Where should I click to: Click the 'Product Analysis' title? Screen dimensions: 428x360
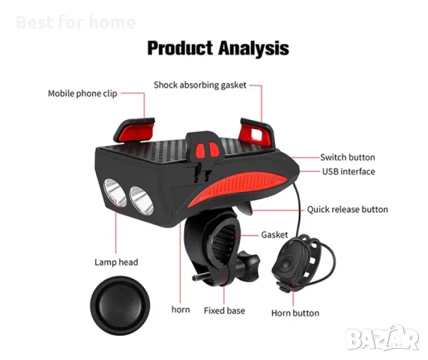pyautogui.click(x=218, y=48)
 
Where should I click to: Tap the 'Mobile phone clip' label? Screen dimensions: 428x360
pyautogui.click(x=82, y=94)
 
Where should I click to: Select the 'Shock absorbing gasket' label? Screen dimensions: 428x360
pyautogui.click(x=200, y=85)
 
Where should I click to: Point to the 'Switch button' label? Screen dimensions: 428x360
pyautogui.click(x=348, y=157)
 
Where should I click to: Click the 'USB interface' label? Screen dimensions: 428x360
pyautogui.click(x=349, y=172)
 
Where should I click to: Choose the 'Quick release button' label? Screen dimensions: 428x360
pyautogui.click(x=348, y=209)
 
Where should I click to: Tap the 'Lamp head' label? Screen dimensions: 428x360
pyautogui.click(x=116, y=262)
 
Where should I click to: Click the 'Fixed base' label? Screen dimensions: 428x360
pyautogui.click(x=224, y=310)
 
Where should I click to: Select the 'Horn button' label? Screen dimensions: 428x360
pyautogui.click(x=295, y=313)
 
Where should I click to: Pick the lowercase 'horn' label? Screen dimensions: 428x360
pyautogui.click(x=181, y=310)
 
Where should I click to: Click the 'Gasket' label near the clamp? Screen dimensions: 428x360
pyautogui.click(x=274, y=235)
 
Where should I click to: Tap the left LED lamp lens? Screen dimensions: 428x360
pyautogui.click(x=115, y=192)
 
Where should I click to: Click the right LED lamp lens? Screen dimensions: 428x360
pyautogui.click(x=141, y=201)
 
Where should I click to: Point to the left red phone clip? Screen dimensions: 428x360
pyautogui.click(x=134, y=130)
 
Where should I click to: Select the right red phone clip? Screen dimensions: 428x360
pyautogui.click(x=256, y=133)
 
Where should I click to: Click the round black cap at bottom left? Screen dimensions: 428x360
pyautogui.click(x=120, y=305)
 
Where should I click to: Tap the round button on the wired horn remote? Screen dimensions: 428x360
pyautogui.click(x=287, y=264)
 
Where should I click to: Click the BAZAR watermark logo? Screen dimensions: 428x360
pyautogui.click(x=382, y=338)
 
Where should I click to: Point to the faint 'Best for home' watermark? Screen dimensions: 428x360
pyautogui.click(x=76, y=22)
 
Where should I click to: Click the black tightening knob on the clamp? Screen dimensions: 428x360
pyautogui.click(x=247, y=265)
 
